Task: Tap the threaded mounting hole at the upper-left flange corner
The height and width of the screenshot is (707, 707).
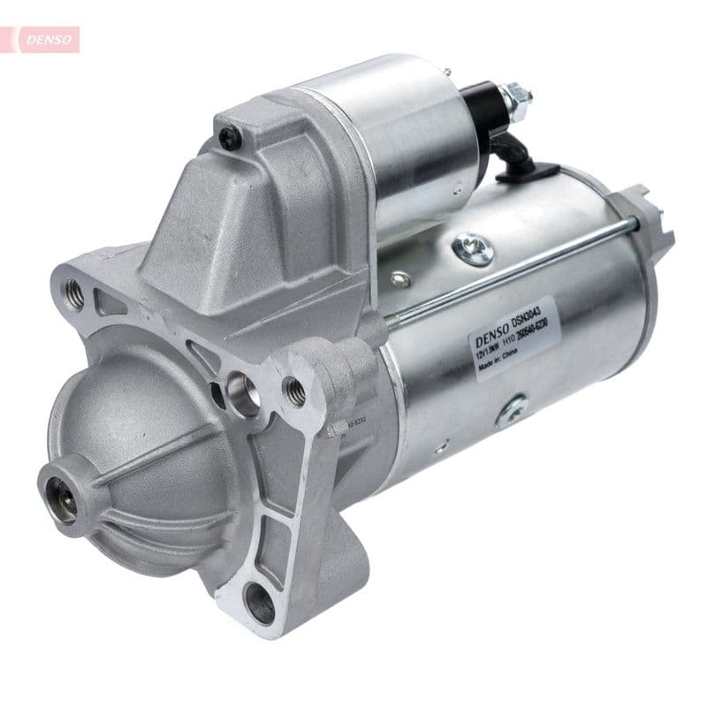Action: tap(74, 293)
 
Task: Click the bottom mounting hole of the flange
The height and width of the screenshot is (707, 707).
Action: tap(260, 604)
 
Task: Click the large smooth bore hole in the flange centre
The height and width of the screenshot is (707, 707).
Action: tap(243, 393)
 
